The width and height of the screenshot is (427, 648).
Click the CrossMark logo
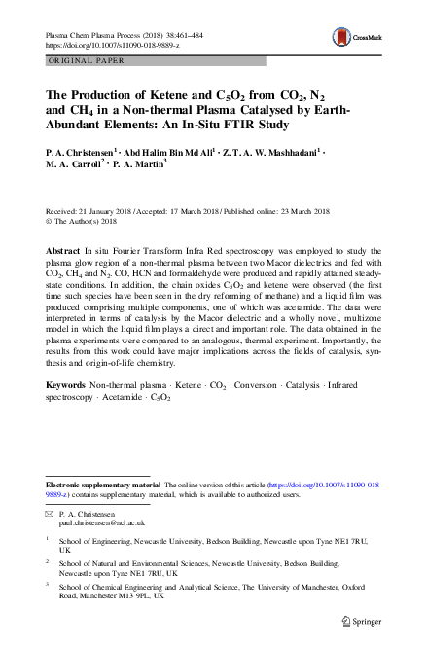click(366, 38)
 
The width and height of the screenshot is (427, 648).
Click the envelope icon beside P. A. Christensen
click(50, 512)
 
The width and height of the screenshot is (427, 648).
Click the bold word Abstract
click(63, 250)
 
